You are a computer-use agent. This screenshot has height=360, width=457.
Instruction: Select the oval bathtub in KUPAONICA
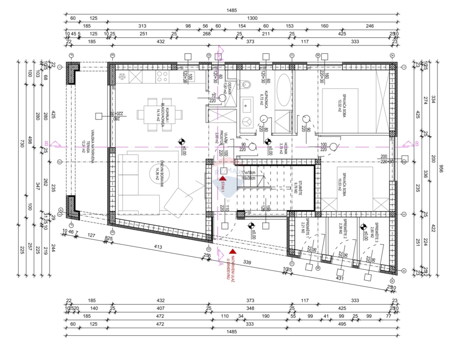click(283, 90)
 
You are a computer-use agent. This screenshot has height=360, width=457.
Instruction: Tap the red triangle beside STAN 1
click(222, 178)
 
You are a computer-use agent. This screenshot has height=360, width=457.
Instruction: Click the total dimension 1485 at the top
click(231, 10)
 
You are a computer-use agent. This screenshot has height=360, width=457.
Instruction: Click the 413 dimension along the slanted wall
click(158, 247)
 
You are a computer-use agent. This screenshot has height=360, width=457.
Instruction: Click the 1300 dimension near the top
click(252, 18)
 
